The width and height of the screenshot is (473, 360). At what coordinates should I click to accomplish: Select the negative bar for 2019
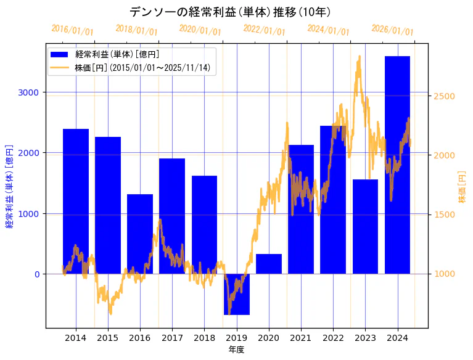pyautogui.click(x=237, y=294)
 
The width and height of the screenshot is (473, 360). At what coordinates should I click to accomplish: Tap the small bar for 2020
pyautogui.click(x=269, y=264)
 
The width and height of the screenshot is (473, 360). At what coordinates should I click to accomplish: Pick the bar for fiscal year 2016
pyautogui.click(x=140, y=234)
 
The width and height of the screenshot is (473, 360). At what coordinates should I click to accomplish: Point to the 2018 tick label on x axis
pyautogui.click(x=204, y=338)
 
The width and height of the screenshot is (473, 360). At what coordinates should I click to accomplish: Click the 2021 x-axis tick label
pyautogui.click(x=301, y=338)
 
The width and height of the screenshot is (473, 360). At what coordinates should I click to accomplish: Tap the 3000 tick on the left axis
pyautogui.click(x=28, y=92)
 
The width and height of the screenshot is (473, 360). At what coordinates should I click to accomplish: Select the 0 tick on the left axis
pyautogui.click(x=36, y=274)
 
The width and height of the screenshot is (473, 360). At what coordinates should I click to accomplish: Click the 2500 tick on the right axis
pyautogui.click(x=445, y=96)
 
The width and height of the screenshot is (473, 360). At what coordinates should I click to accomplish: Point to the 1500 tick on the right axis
pyautogui.click(x=445, y=215)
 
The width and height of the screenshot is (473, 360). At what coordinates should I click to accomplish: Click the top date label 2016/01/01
pyautogui.click(x=72, y=30)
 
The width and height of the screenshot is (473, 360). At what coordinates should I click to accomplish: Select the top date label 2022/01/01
pyautogui.click(x=264, y=30)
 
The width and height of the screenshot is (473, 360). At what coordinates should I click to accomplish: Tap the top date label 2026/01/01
pyautogui.click(x=392, y=30)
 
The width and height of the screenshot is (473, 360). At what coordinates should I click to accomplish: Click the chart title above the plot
pyautogui.click(x=230, y=12)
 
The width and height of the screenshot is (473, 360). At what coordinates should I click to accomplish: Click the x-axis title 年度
pyautogui.click(x=236, y=350)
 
